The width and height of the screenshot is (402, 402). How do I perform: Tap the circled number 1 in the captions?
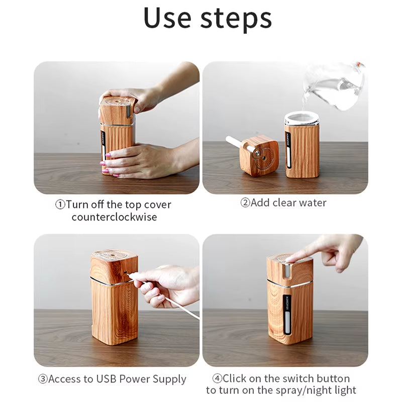point(60,205)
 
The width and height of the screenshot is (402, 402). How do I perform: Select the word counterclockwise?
point(114,217)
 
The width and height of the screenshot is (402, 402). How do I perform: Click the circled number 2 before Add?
point(245,203)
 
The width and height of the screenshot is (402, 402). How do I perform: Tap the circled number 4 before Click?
point(217,378)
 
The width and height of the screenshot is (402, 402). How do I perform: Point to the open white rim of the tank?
point(301,119)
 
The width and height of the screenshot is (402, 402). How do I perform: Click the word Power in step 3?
point(139,379)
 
